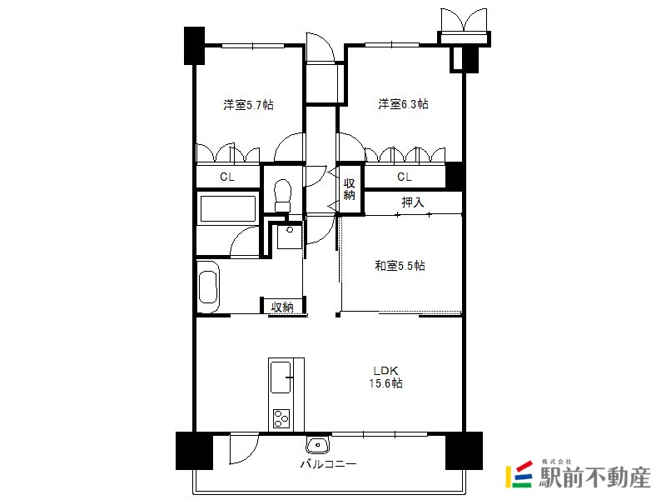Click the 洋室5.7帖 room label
(248, 105)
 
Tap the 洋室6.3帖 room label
(403, 103)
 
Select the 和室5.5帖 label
(400, 266)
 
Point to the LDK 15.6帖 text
(385, 377)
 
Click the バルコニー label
(328, 464)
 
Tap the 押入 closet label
(413, 202)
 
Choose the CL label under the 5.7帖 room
(227, 177)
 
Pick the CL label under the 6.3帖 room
(405, 177)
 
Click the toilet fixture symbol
(283, 195)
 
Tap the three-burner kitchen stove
(281, 418)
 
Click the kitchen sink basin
(281, 377)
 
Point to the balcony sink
(317, 445)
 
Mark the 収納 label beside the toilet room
(349, 190)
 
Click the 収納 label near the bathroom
(282, 307)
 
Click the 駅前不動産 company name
(595, 477)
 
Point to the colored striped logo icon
(519, 474)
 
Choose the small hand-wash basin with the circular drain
(290, 237)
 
